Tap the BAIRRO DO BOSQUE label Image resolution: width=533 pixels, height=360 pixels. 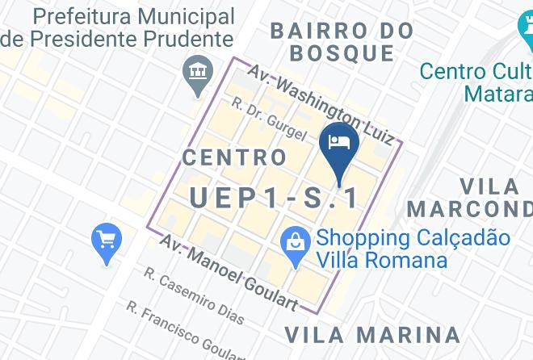[x=342, y=43]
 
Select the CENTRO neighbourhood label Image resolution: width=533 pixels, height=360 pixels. [x=234, y=157]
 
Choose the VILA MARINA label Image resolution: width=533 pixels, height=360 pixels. [x=372, y=334]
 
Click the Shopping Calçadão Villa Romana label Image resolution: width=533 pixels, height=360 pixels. [x=413, y=249]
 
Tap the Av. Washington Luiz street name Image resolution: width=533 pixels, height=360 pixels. [x=321, y=105]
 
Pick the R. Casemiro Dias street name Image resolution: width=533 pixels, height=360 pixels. [x=194, y=295]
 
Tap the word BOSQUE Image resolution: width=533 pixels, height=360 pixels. [x=342, y=54]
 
